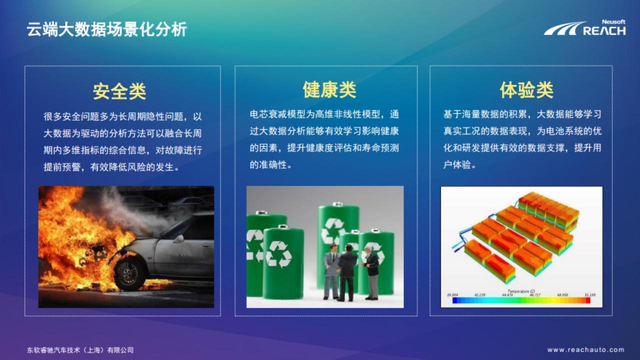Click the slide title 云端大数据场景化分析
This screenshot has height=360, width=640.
[x=106, y=29]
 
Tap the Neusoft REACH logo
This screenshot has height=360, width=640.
[x=585, y=28]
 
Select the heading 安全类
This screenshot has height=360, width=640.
[x=119, y=91]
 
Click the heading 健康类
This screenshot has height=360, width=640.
[x=329, y=90]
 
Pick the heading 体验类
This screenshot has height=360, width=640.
[x=526, y=90]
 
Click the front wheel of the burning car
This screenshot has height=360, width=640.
[x=128, y=273]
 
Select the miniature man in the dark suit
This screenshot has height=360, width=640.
[x=346, y=272]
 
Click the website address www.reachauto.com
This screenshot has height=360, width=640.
[x=585, y=350]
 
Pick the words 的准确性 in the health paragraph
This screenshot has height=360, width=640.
[x=268, y=164]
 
